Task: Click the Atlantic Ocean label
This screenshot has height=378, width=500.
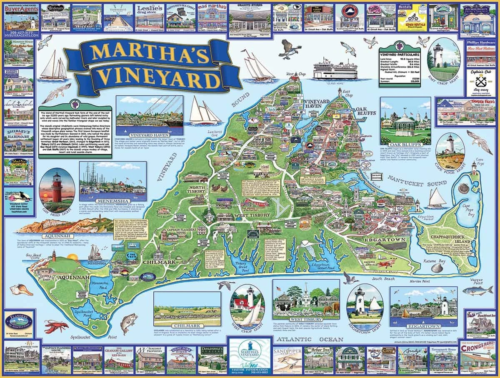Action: [x=304, y=339]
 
